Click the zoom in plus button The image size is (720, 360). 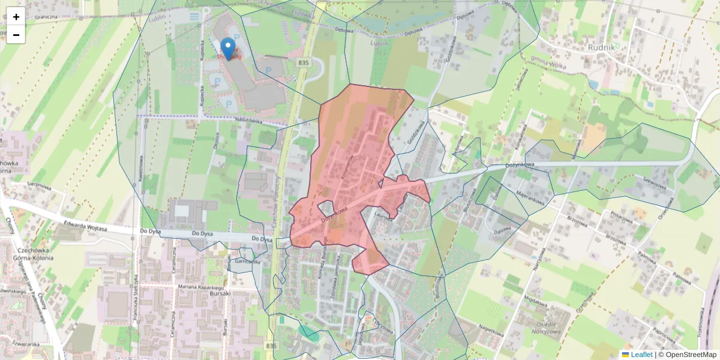16,17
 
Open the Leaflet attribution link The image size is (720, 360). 641,355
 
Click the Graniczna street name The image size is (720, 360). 46,17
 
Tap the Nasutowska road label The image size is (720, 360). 249,121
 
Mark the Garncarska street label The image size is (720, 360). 247,262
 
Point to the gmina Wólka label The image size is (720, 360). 548,62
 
